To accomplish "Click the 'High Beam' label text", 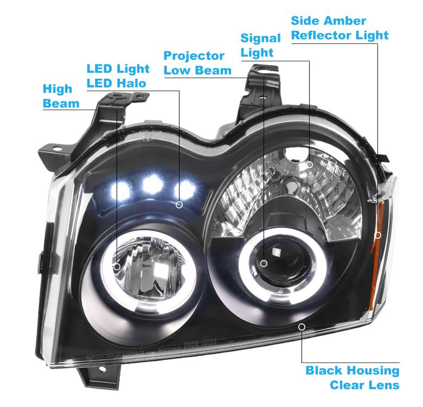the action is [x=61, y=96].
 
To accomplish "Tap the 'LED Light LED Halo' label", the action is [x=118, y=76].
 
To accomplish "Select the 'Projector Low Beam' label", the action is [x=197, y=63].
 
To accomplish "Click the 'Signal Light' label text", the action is [x=260, y=46].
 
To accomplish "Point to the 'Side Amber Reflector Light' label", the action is [x=339, y=28].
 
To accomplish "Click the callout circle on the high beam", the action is [x=117, y=266].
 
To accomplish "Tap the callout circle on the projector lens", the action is [x=264, y=263].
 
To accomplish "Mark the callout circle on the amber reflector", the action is [x=378, y=235].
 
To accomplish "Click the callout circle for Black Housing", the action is [x=302, y=327].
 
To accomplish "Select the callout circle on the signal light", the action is [x=310, y=164].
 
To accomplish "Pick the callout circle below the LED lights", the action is [x=179, y=205].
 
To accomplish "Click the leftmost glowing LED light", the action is [x=120, y=189].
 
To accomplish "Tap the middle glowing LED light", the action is [x=152, y=185].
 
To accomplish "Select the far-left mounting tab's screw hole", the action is [x=56, y=149].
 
